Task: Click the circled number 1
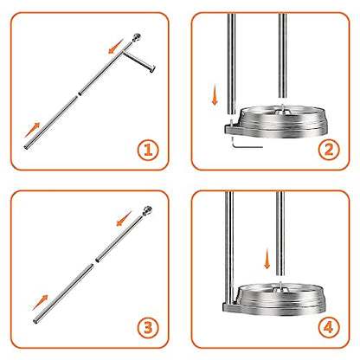click(148, 150)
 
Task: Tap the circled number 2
click(329, 150)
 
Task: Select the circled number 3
click(148, 328)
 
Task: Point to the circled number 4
click(329, 327)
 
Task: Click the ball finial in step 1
click(137, 37)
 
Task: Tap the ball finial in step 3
click(147, 210)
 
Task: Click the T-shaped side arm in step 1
click(139, 61)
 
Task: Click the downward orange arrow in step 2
click(215, 95)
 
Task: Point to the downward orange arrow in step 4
click(267, 259)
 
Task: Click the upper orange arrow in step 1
click(116, 46)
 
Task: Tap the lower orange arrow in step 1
click(32, 130)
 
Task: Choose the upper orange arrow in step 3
click(125, 218)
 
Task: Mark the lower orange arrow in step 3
click(40, 302)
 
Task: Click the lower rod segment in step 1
click(50, 123)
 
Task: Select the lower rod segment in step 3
click(63, 293)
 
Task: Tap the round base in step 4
click(274, 299)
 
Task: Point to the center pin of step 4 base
click(280, 287)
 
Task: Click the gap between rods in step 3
click(94, 261)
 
